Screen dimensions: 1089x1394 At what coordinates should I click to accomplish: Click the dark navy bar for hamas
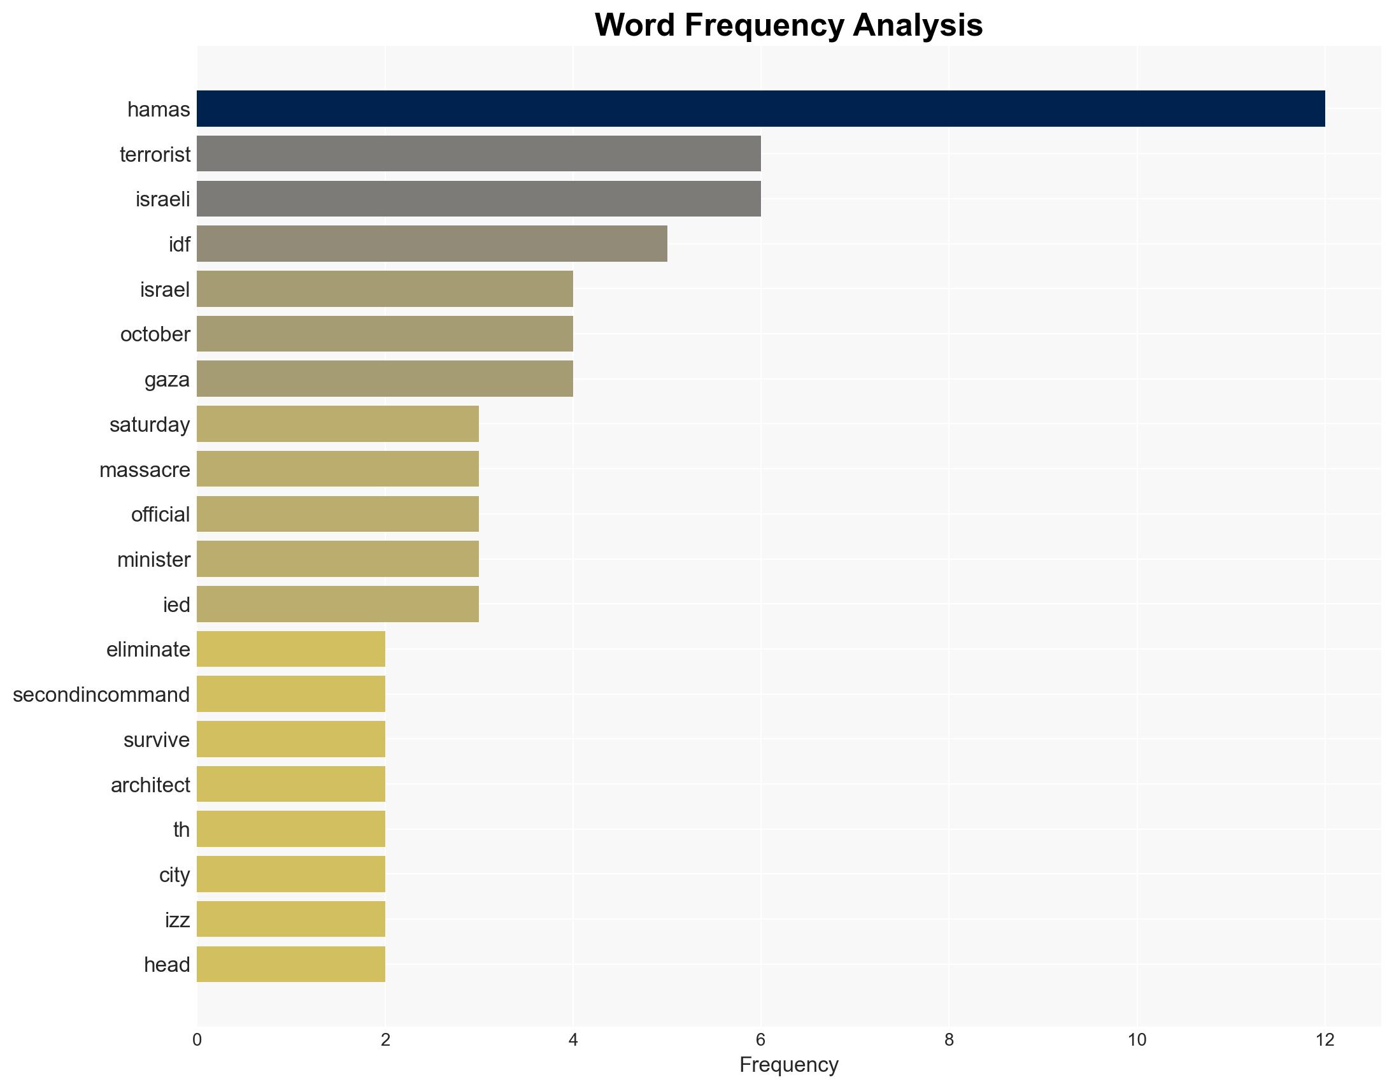[760, 108]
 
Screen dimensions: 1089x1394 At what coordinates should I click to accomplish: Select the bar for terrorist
[479, 154]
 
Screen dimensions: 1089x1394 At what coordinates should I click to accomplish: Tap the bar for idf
[432, 244]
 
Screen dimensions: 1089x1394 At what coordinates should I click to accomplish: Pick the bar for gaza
[384, 379]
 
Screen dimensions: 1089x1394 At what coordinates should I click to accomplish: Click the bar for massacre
[338, 469]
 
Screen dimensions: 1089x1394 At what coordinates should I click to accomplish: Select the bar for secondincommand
[290, 694]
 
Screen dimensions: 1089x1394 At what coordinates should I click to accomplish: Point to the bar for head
[290, 964]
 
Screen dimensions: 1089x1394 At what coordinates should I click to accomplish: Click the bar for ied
[338, 604]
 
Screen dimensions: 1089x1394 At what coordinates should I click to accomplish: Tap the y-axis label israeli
[163, 199]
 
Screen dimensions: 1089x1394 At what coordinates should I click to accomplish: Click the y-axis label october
[155, 334]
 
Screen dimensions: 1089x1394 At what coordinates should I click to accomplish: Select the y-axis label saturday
[150, 425]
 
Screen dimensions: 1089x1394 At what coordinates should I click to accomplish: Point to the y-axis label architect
[150, 785]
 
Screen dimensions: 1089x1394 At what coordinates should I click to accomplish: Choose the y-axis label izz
[177, 920]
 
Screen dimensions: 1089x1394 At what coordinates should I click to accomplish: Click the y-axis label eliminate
[148, 649]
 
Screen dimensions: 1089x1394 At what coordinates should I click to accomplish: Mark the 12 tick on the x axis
[1325, 1040]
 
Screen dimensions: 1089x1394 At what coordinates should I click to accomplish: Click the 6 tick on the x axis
[760, 1040]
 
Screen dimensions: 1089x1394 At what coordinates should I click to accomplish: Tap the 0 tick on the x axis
[197, 1040]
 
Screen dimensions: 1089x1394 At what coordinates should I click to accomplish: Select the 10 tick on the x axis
[1137, 1040]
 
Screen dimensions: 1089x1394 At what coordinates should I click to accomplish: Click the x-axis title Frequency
[788, 1065]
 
